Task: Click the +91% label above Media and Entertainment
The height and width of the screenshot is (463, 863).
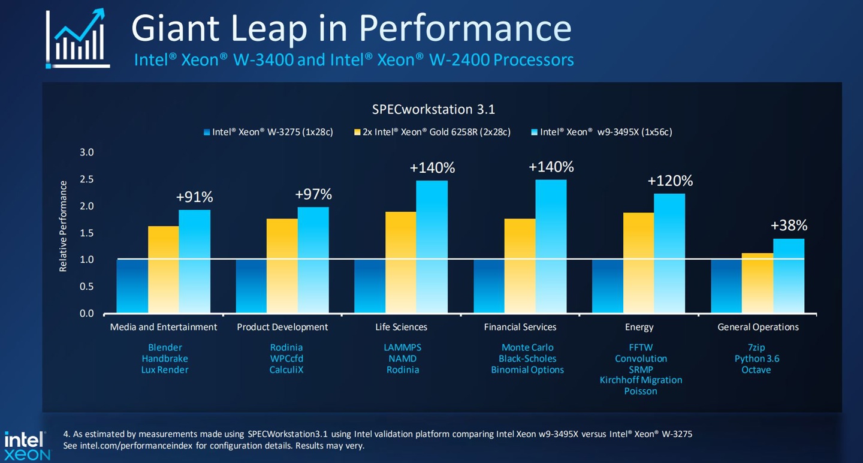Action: [x=194, y=197]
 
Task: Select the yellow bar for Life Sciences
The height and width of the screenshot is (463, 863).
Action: [x=400, y=262]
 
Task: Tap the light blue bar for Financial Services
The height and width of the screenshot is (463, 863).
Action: [x=551, y=246]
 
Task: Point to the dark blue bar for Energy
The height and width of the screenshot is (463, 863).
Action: [x=608, y=286]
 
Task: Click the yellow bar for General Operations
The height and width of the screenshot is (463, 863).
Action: [x=758, y=283]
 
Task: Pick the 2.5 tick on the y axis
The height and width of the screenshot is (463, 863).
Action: [x=87, y=179]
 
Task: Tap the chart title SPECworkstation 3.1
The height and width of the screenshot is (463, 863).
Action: [x=433, y=110]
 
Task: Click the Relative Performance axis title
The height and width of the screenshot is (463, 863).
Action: [x=63, y=226]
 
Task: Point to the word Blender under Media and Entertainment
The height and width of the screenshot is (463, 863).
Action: [x=165, y=347]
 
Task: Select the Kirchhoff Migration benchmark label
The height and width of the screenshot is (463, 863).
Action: [x=641, y=380]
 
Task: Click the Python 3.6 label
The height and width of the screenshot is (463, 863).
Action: [x=757, y=359]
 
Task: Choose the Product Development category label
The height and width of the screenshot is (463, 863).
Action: [x=282, y=327]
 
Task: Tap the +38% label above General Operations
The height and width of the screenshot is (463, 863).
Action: [x=789, y=226]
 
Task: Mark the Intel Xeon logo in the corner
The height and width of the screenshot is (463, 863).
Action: [x=27, y=446]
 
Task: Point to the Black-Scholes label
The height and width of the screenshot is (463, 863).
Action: [x=527, y=359]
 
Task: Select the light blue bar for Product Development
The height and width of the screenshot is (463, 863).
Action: [x=313, y=260]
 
